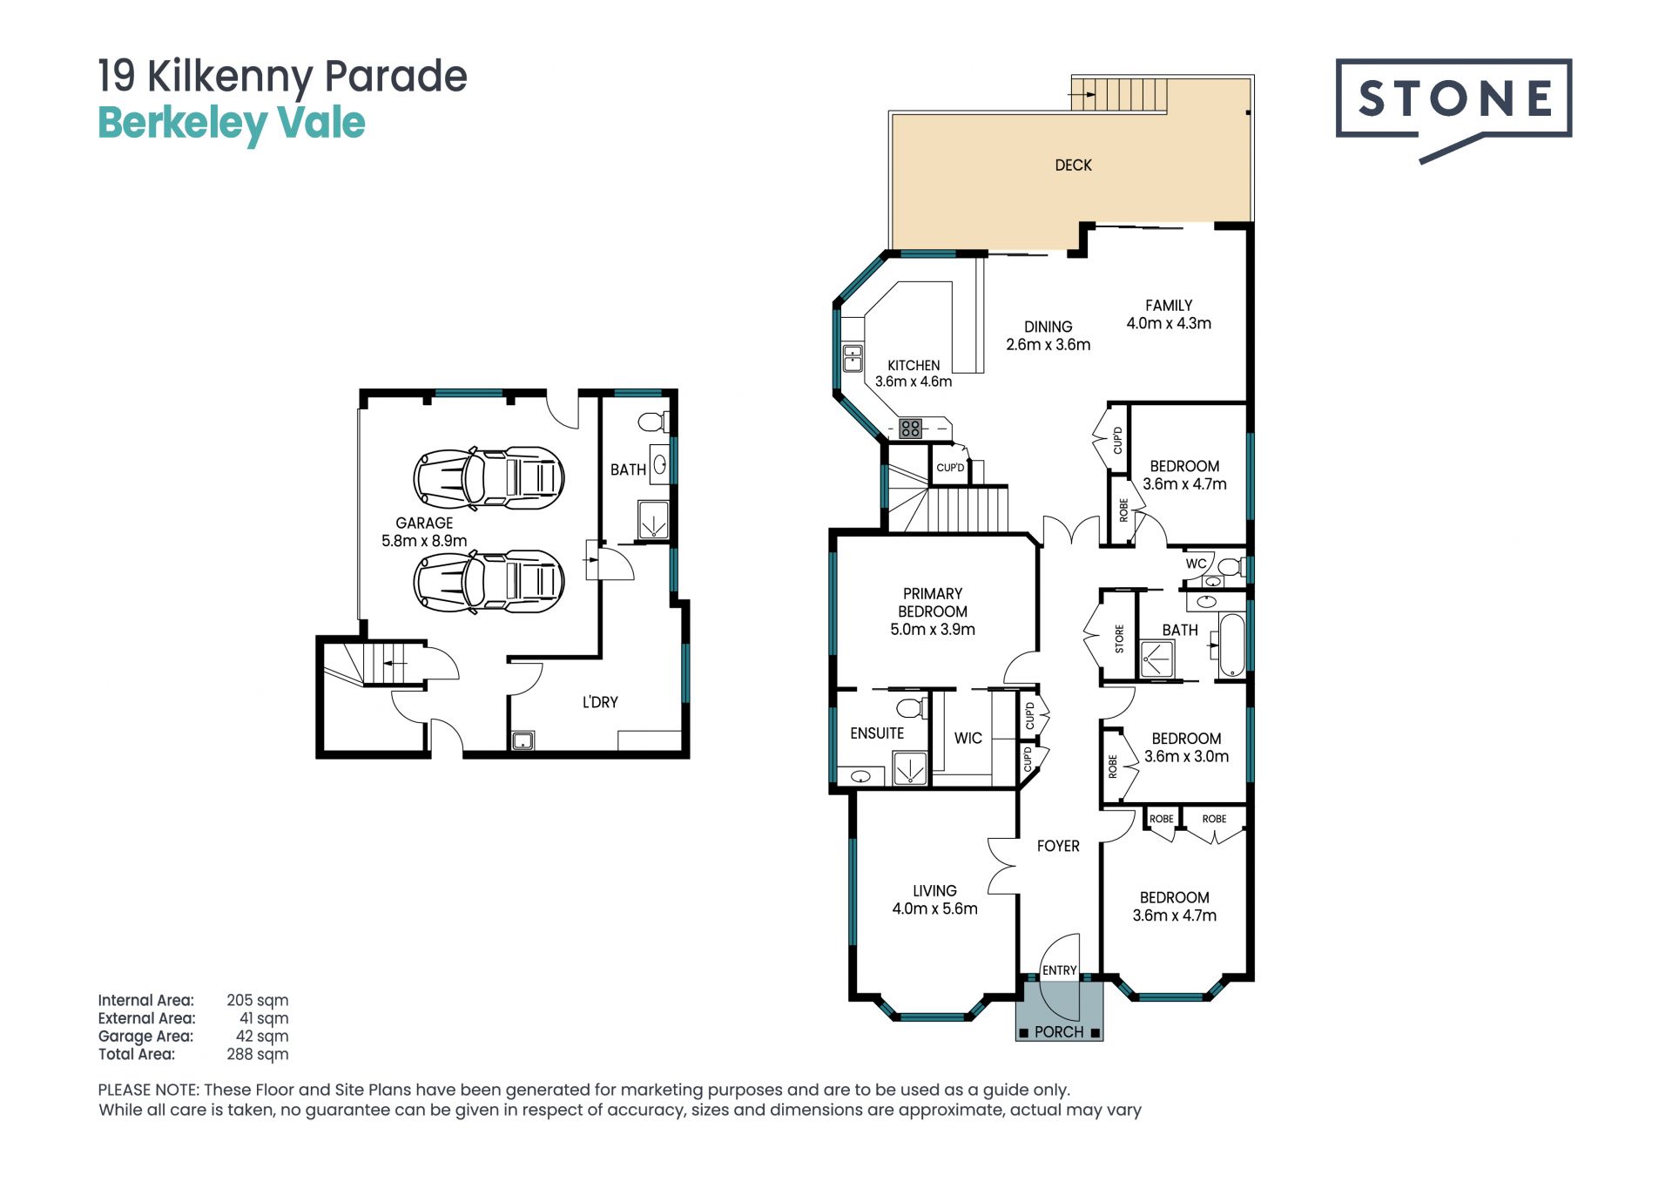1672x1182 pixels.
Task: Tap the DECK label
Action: coord(1073,165)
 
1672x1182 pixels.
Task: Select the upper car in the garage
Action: coord(489,478)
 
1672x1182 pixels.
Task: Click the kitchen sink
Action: coord(853,358)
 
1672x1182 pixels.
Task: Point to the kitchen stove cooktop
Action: coord(911,428)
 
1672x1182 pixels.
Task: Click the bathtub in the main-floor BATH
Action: coord(1231,645)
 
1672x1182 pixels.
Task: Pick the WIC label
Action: coord(967,739)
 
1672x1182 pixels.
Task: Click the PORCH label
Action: coord(1059,1032)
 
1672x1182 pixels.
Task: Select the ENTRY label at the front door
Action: coord(1059,970)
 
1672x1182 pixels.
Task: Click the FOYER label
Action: coord(1058,846)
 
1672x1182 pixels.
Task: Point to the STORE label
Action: coord(1119,638)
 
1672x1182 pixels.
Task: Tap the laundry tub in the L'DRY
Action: coord(522,741)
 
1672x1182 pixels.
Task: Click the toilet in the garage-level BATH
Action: coord(651,422)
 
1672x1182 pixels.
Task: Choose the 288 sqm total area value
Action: coord(257,1054)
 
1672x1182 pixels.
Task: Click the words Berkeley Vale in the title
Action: coord(232,124)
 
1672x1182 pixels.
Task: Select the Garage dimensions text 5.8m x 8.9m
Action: coord(424,541)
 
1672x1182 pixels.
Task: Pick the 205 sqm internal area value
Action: coord(257,1000)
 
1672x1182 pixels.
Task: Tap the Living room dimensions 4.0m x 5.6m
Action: coord(934,909)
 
